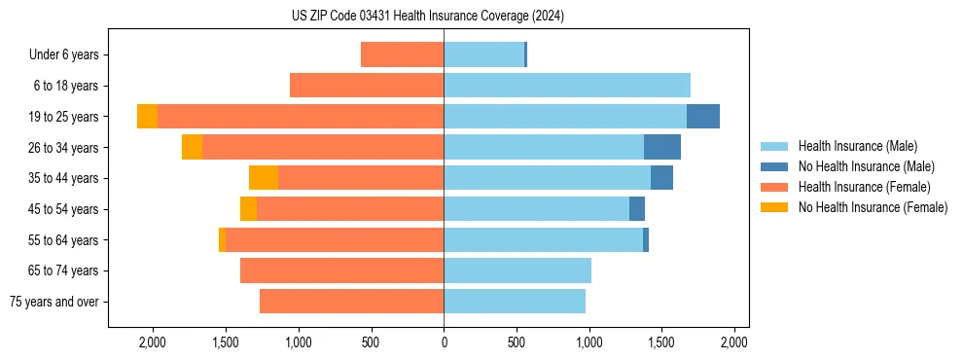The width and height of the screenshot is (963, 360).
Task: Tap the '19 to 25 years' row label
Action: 64,117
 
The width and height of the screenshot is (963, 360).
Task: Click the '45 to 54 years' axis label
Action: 64,209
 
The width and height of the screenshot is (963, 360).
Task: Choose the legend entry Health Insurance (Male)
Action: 857,146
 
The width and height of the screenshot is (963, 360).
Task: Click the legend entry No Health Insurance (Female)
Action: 873,207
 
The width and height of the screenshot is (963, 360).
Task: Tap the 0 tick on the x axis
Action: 444,342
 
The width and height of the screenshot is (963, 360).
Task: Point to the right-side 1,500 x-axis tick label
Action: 661,342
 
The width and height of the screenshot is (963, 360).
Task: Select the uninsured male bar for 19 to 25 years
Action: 703,117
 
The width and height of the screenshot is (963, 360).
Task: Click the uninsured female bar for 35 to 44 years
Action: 264,178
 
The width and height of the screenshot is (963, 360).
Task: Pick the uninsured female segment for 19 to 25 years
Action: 147,117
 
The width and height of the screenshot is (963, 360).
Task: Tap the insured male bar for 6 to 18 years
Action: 567,86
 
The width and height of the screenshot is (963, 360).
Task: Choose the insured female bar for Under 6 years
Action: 403,55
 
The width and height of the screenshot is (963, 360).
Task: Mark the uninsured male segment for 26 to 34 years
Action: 662,148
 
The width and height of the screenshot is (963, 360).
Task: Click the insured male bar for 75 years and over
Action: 515,302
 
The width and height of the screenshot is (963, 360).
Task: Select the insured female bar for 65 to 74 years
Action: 342,270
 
